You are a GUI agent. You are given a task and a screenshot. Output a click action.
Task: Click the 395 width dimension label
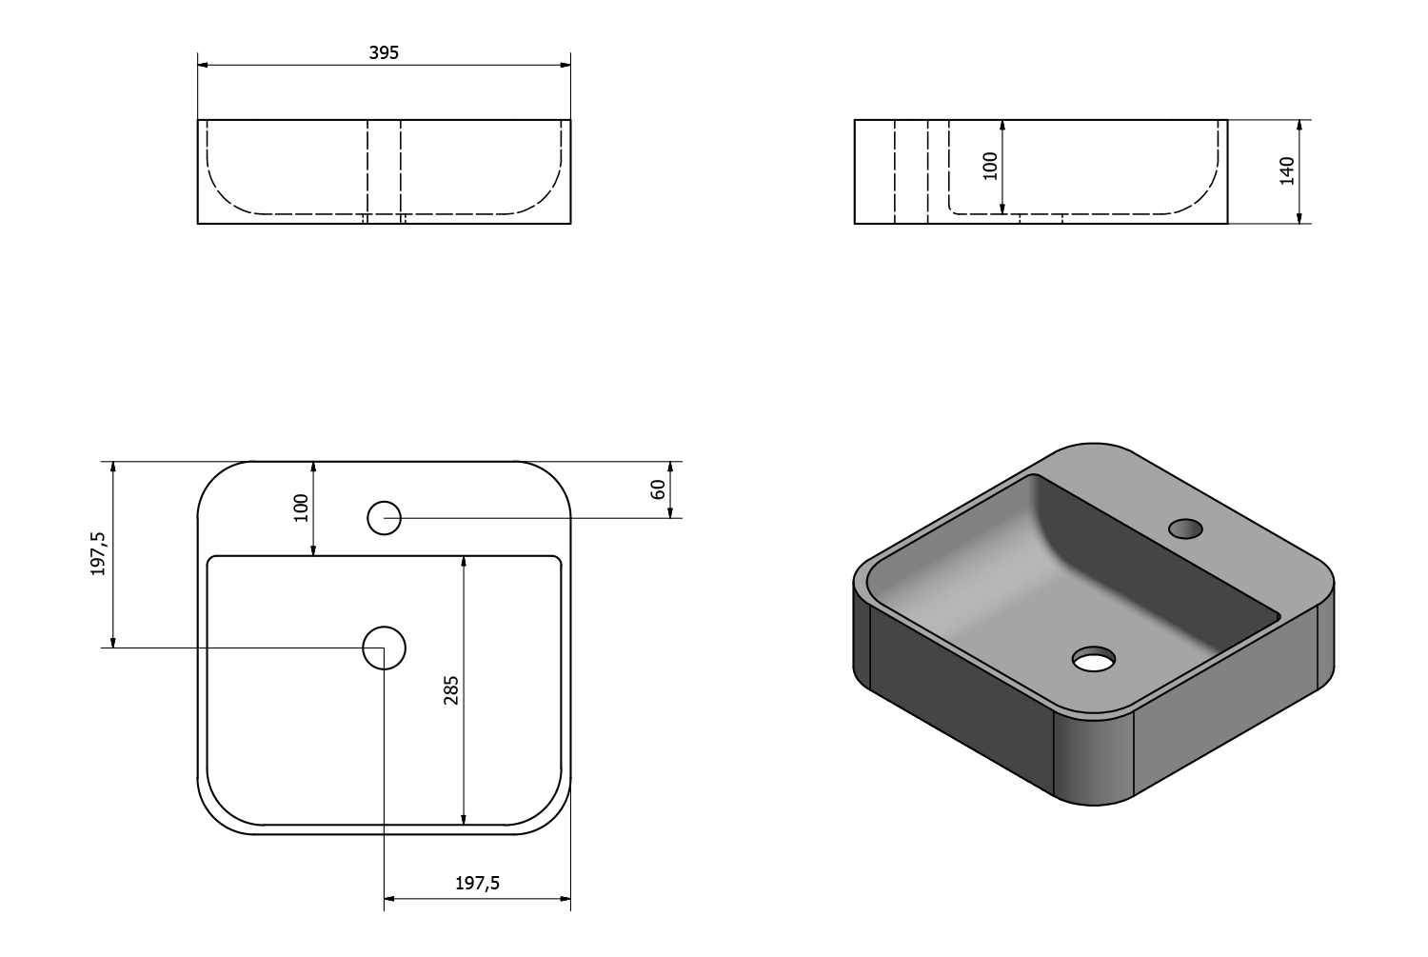[384, 53]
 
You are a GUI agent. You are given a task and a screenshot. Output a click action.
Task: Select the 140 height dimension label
[1287, 170]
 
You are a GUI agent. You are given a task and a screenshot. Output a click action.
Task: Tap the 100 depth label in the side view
[990, 167]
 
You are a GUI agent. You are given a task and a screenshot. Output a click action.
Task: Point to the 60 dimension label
[658, 489]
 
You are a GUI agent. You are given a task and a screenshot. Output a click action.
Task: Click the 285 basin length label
[450, 690]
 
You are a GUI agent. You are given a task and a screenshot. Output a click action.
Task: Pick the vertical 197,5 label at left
[98, 554]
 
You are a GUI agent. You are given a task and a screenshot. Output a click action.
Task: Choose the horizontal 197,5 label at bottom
[478, 883]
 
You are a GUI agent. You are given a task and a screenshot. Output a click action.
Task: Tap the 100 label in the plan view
[301, 508]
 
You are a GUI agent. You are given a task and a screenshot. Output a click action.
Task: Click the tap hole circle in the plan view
[385, 518]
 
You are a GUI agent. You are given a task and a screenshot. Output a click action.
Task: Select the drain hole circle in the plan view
[384, 648]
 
